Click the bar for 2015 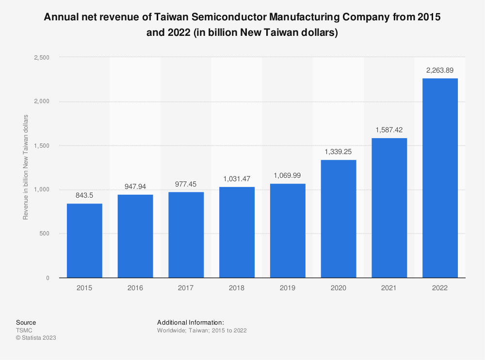tap(84, 241)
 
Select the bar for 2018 tap(237, 233)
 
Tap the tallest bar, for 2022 tap(440, 178)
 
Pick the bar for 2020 tap(339, 219)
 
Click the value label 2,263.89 tap(440, 70)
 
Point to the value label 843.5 tap(84, 195)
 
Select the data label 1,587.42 tap(389, 130)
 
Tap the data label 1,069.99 tap(288, 175)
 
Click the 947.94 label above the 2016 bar tap(135, 186)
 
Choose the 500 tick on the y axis tap(44, 234)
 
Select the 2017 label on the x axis tap(186, 288)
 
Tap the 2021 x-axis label tap(389, 288)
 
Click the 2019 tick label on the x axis tap(288, 288)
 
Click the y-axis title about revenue tap(26, 167)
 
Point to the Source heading tap(26, 322)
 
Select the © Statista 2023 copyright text tap(36, 338)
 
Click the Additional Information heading tap(191, 322)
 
